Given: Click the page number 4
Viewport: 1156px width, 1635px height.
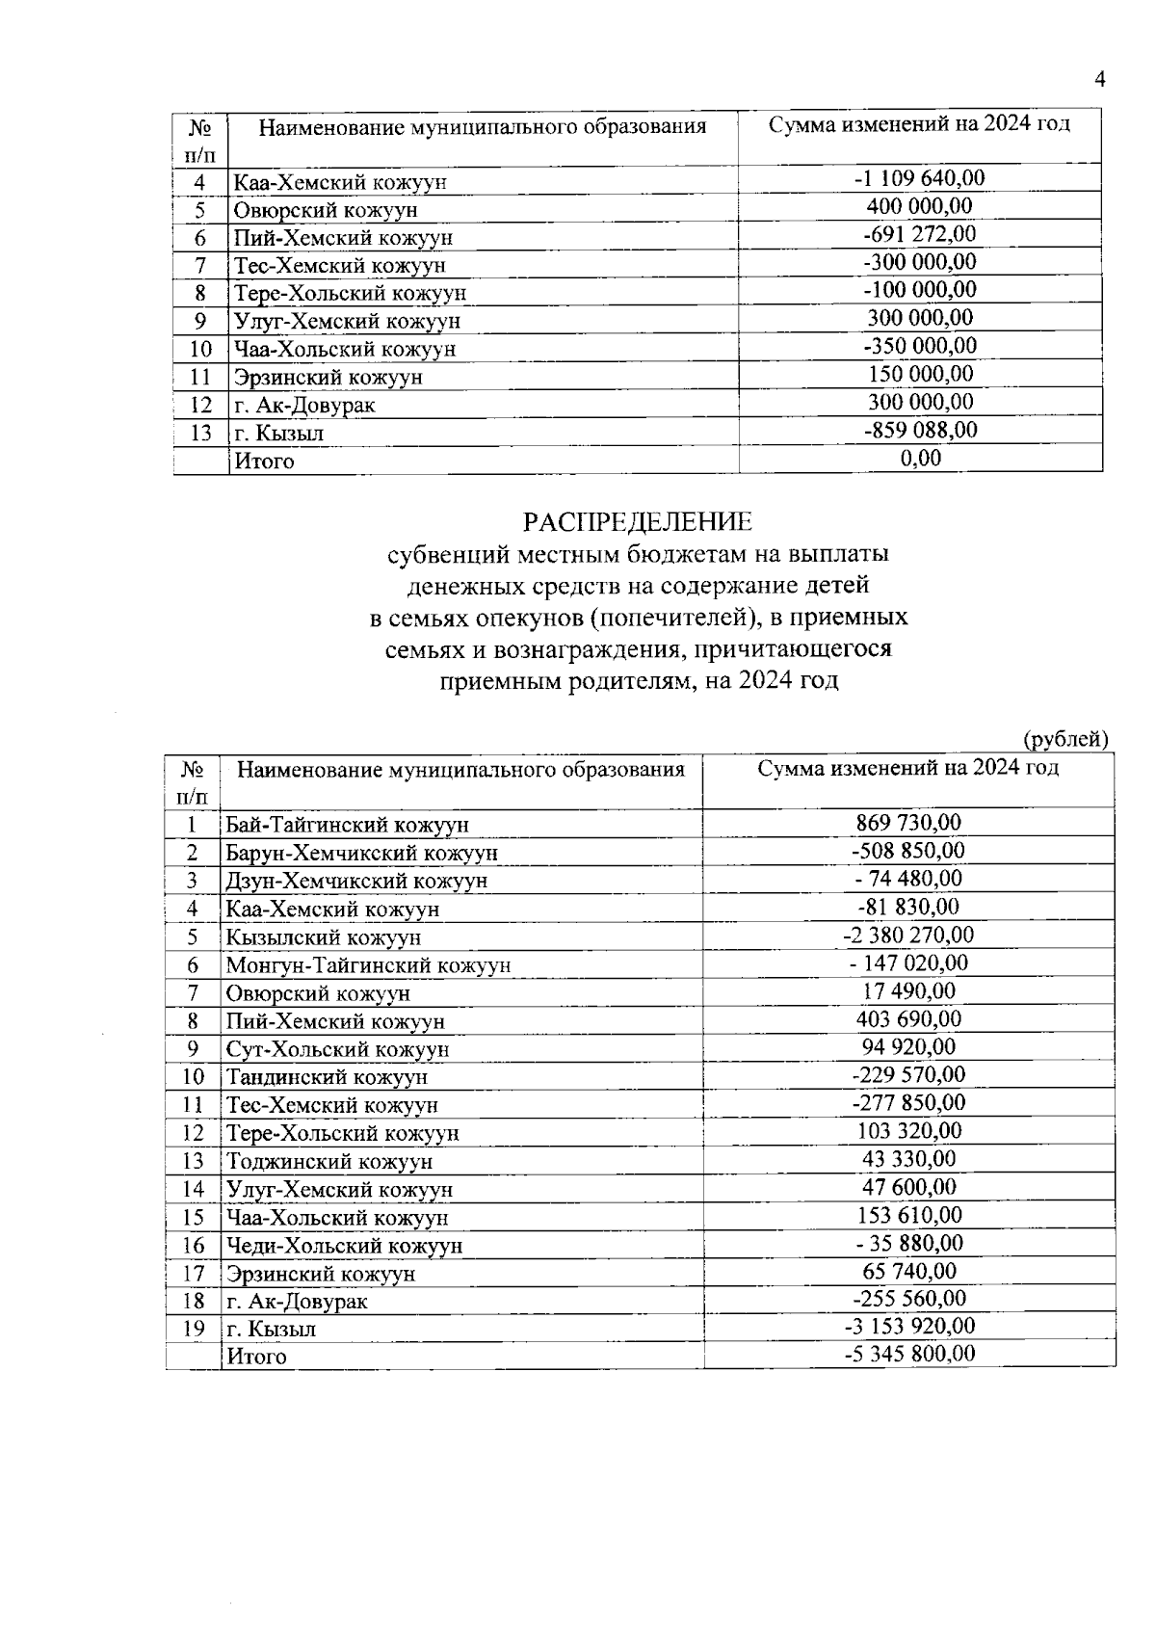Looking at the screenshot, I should coord(1099,80).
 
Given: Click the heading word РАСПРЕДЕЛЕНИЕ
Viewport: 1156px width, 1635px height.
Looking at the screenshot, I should coord(638,522).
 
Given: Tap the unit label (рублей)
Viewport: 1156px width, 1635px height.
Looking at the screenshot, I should coord(1064,739).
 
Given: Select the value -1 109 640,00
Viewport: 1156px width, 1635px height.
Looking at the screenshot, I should coord(920,178).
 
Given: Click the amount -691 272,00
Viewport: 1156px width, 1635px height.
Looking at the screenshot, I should coord(920,234).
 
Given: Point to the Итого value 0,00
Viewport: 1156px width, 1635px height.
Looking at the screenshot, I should coord(920,459).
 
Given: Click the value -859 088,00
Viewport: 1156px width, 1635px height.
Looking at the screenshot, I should coord(920,431).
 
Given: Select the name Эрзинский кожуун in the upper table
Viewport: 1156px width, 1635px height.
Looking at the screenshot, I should coord(328,378).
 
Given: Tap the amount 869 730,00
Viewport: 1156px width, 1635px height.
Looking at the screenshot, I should coord(908,823).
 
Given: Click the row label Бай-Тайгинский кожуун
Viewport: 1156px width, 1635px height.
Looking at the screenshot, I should coord(347,825).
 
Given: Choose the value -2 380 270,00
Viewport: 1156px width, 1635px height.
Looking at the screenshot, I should coord(908,935).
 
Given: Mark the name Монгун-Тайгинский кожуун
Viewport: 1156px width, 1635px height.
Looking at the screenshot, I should coord(368,965).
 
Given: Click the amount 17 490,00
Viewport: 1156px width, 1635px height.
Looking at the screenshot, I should coord(908,990).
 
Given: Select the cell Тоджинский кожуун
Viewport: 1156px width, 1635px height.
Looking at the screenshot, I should coord(329,1161).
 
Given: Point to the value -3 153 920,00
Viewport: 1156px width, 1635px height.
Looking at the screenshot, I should coord(908,1326).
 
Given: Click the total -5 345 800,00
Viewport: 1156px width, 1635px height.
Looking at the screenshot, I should coord(908,1354).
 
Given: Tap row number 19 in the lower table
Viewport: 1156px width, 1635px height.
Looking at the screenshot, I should coord(193,1329).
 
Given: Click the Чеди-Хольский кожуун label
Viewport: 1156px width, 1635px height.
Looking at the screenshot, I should coord(344,1245).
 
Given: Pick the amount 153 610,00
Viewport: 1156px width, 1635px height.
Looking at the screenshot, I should coord(908,1214).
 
